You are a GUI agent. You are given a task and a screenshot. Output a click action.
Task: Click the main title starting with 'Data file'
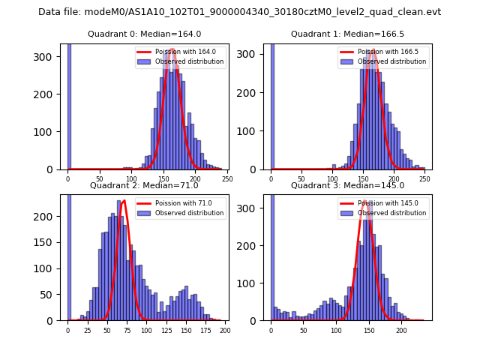pyautogui.click(x=240, y=12)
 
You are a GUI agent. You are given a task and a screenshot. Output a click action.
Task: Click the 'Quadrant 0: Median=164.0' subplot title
pyautogui.click(x=144, y=34)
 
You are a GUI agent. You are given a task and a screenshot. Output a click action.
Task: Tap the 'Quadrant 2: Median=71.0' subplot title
pyautogui.click(x=144, y=185)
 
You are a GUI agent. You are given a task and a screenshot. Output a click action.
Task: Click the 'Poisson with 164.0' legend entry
pyautogui.click(x=175, y=52)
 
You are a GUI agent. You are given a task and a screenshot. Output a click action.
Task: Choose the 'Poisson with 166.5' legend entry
pyautogui.click(x=378, y=52)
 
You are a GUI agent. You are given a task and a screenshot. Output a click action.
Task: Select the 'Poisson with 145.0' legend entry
pyautogui.click(x=378, y=202)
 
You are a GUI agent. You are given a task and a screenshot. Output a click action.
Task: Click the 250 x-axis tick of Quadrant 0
pyautogui.click(x=227, y=178)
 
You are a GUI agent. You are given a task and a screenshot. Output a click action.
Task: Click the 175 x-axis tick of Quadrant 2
pyautogui.click(x=204, y=329)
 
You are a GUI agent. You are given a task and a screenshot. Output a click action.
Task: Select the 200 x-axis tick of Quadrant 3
pyautogui.click(x=401, y=329)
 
